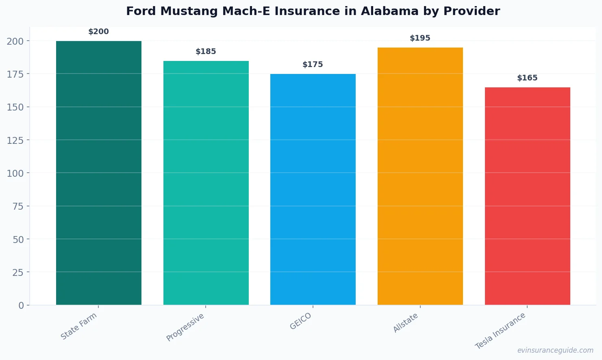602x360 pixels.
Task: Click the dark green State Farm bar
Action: pos(99,173)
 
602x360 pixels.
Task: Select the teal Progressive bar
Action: pos(206,183)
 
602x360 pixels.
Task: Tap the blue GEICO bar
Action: pos(313,189)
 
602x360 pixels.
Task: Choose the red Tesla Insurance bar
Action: pos(527,196)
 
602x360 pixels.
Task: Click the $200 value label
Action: pos(99,32)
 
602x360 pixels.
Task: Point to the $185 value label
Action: pos(206,52)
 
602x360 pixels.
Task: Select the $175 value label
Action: pos(313,65)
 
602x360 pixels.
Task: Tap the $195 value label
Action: pos(420,38)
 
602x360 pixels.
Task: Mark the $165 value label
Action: pos(527,78)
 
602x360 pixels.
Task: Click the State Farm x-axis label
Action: pos(79,326)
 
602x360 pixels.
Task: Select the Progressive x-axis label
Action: pos(185,327)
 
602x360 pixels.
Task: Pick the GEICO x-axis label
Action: pos(301,321)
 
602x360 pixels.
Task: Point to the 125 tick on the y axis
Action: pos(15,141)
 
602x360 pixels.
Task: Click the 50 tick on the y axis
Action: pos(18,240)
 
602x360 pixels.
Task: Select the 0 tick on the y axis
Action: pos(21,306)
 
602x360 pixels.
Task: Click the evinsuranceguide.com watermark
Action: pos(555,350)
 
